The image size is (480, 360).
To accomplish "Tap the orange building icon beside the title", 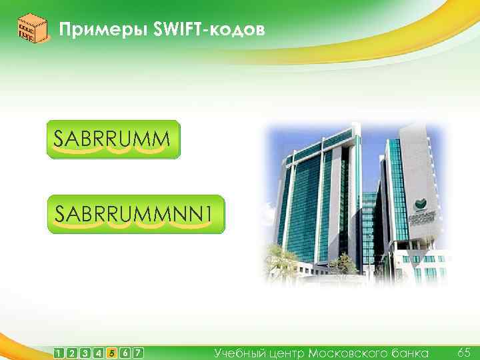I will click(x=31, y=29).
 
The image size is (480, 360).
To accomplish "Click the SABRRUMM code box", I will click(x=113, y=139).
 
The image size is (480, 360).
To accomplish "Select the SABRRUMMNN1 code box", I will click(x=136, y=213).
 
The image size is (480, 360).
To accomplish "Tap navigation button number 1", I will click(x=61, y=352).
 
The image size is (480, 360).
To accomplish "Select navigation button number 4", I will click(x=99, y=352).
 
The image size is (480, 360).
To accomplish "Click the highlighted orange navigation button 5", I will click(x=112, y=352).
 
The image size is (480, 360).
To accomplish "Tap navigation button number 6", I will click(x=125, y=352).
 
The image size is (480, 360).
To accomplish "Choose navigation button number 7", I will click(x=138, y=352).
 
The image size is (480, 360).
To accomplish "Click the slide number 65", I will click(x=464, y=351).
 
